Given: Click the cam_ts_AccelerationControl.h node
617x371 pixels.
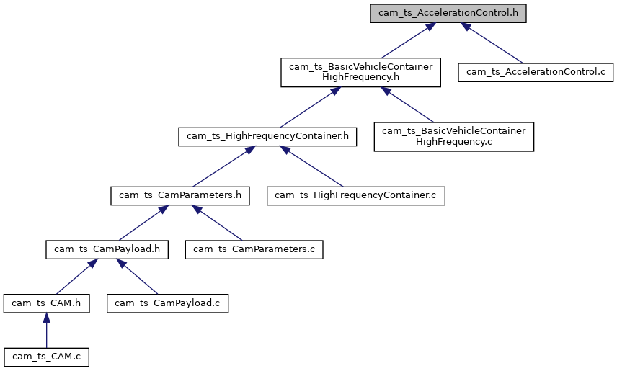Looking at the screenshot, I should tap(448, 14).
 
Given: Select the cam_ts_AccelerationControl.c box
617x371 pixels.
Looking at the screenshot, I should tap(536, 71).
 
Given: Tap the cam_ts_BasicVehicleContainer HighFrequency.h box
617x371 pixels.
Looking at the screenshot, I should tap(360, 72).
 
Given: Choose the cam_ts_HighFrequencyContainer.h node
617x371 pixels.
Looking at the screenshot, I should tap(267, 135).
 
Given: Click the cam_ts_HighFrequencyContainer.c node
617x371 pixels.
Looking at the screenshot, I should tap(356, 195).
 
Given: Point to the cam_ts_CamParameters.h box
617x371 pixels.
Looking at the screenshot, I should tap(180, 195).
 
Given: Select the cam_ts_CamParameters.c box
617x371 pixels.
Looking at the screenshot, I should tap(254, 249).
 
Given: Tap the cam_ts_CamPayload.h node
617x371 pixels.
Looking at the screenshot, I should tap(107, 249).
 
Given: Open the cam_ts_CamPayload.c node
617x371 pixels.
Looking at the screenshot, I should tap(168, 303).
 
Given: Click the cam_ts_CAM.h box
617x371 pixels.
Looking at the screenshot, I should tap(46, 303).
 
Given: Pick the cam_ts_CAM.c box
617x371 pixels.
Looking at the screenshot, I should tap(46, 357).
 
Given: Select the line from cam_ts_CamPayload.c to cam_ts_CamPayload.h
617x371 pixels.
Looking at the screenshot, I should tap(137, 277).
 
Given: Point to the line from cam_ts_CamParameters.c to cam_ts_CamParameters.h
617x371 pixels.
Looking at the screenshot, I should tap(219, 223).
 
